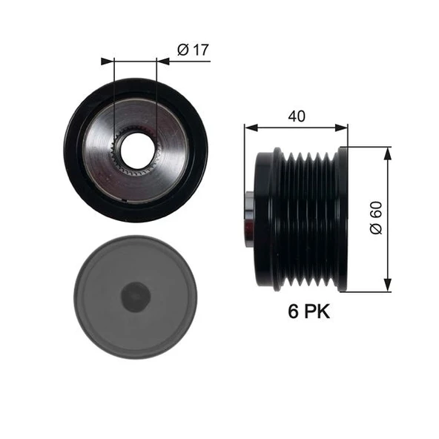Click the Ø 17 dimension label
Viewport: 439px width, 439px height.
coord(194,50)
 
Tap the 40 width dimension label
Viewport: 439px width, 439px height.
coord(296,116)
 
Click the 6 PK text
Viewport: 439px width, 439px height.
coord(308,311)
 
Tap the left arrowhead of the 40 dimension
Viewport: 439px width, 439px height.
coord(249,128)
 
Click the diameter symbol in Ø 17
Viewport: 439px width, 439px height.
coord(182,50)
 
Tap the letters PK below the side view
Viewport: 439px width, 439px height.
coord(317,311)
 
